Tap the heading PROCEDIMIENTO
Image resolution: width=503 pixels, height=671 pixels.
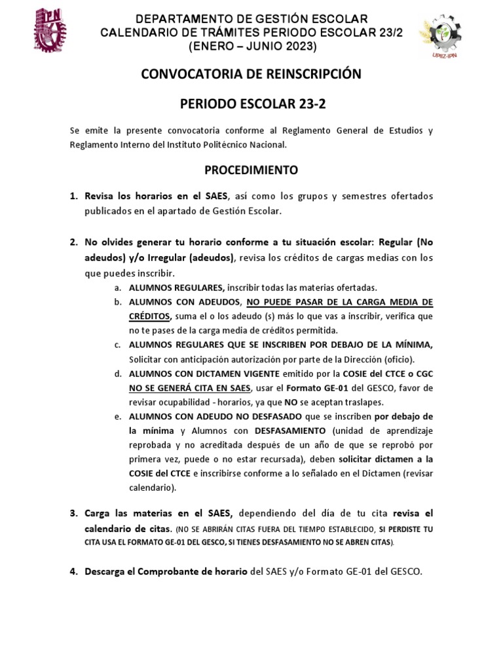point(251,170)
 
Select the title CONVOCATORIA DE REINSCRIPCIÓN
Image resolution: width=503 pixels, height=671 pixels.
point(251,74)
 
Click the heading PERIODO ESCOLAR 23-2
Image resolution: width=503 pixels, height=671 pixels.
point(251,104)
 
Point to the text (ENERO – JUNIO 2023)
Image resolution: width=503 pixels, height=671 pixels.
point(252,46)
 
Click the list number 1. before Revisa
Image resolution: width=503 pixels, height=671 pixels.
point(74,197)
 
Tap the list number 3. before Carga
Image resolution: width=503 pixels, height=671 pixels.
point(74,513)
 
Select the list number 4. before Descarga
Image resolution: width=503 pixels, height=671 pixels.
point(74,572)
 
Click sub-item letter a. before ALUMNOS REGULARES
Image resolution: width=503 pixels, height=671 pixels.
point(117,288)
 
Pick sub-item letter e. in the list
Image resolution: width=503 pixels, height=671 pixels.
point(117,416)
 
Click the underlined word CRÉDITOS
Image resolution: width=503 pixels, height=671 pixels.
point(150,316)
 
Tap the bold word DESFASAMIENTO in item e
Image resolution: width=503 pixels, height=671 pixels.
point(290,431)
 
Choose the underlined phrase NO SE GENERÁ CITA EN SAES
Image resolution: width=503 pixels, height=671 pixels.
point(190,387)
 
